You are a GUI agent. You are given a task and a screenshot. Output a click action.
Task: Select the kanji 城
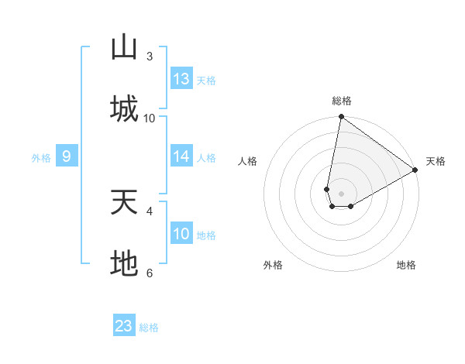124,108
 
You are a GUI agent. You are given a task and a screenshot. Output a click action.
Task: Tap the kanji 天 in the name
124,203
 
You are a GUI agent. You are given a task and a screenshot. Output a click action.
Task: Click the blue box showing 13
181,79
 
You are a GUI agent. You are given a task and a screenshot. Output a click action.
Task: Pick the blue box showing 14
181,156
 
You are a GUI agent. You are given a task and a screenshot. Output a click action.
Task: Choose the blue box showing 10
181,234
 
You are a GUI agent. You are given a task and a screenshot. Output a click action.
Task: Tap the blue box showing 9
67,156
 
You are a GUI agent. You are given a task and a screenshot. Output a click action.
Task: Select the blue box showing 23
124,326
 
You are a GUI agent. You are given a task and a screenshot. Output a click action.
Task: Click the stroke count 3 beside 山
150,56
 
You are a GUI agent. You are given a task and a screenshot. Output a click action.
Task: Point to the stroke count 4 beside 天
150,210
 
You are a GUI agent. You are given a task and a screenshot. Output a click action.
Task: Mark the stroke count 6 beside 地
150,273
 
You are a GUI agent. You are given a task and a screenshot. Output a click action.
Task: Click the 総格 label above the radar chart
342,101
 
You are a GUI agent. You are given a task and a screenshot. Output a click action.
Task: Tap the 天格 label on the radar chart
436,161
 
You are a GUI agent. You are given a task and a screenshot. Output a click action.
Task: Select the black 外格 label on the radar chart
273,265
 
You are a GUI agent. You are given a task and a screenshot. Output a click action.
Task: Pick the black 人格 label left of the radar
248,161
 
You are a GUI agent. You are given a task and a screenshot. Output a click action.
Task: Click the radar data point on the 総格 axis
341,118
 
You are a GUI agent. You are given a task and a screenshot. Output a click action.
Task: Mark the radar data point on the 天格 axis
415,170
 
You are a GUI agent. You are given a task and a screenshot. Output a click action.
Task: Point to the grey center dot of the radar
341,194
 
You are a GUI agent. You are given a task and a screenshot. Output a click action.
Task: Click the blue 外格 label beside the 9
41,158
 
